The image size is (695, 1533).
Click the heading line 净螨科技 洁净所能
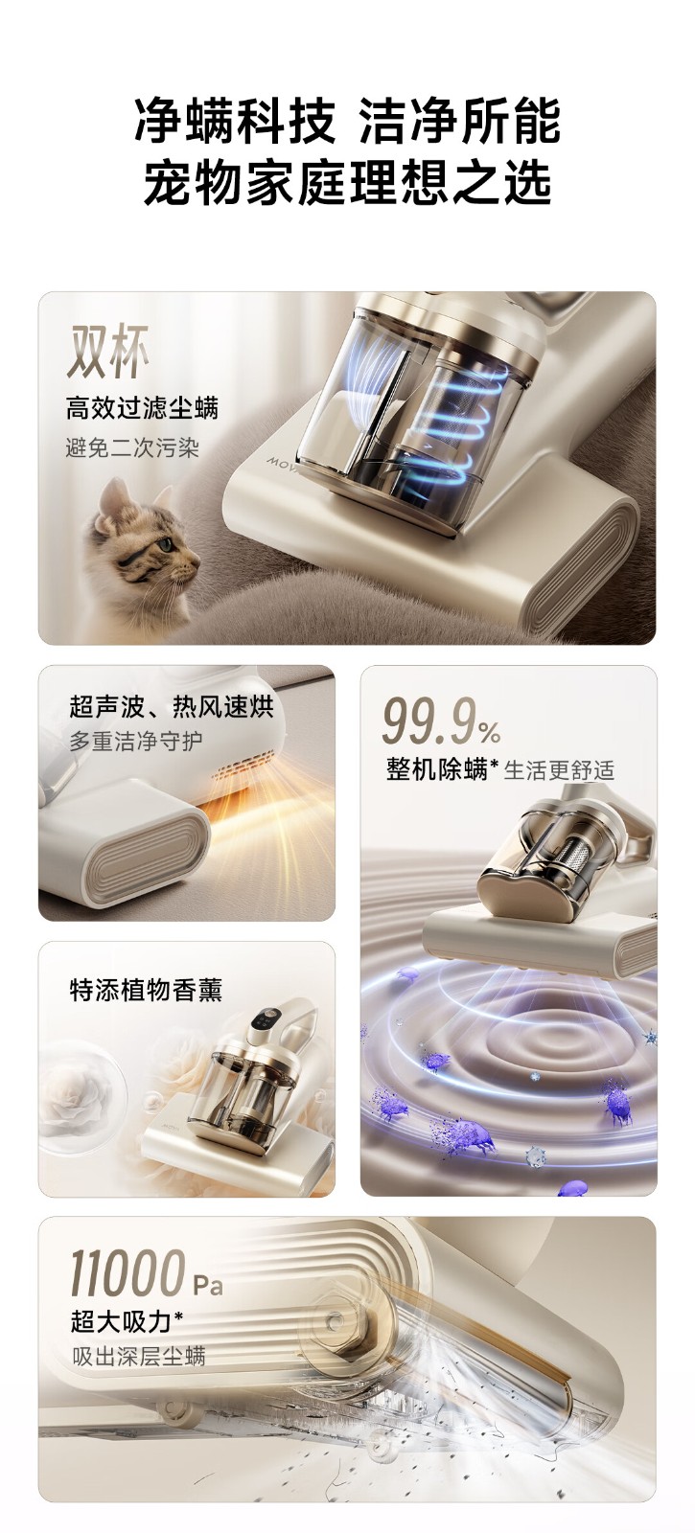point(347,121)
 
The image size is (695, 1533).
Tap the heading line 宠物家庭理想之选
point(347,181)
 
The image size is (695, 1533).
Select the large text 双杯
point(107,352)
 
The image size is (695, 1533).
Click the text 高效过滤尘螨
point(142,408)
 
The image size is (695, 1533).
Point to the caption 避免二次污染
point(132,448)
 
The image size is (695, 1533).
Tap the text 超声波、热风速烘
point(172,706)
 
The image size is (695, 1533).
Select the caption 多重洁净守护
point(135,742)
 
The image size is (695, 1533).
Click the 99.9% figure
point(440,721)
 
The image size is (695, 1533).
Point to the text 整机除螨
point(436,770)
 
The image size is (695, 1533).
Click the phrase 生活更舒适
point(560,770)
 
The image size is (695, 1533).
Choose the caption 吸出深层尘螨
point(139,1357)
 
